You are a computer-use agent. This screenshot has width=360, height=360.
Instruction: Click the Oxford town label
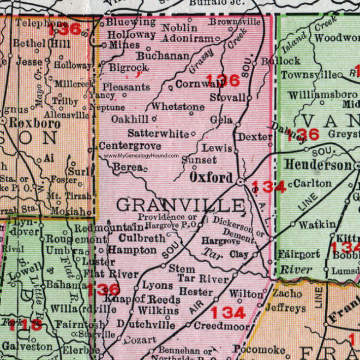point(212,178)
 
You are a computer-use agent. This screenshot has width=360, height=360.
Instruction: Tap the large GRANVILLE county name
point(180,206)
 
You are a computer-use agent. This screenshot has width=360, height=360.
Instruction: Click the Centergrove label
point(130,146)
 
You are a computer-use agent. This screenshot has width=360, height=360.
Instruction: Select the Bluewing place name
point(130,22)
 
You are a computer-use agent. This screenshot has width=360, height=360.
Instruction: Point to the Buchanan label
point(163,55)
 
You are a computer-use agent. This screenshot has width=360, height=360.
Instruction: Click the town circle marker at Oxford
point(240,180)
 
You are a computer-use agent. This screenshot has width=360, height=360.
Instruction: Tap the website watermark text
point(142,156)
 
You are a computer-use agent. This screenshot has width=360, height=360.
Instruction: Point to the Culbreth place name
point(130,238)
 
